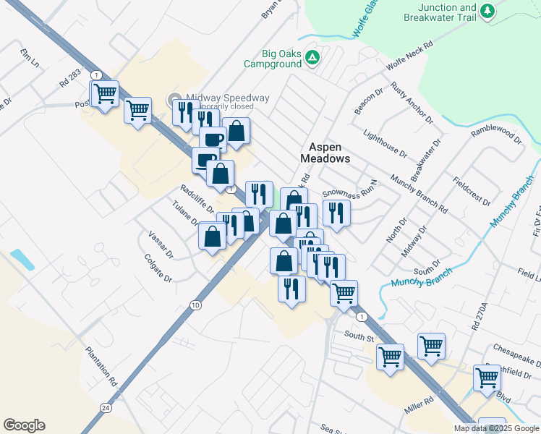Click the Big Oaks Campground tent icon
pos(312,57)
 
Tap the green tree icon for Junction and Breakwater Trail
pos(488,10)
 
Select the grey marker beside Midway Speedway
pos(174,99)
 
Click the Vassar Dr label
pos(161,244)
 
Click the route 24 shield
pos(106,408)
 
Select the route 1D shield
pos(195,305)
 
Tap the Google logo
pos(24,425)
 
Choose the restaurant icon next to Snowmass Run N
pos(336,213)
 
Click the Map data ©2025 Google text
pos(495,427)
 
